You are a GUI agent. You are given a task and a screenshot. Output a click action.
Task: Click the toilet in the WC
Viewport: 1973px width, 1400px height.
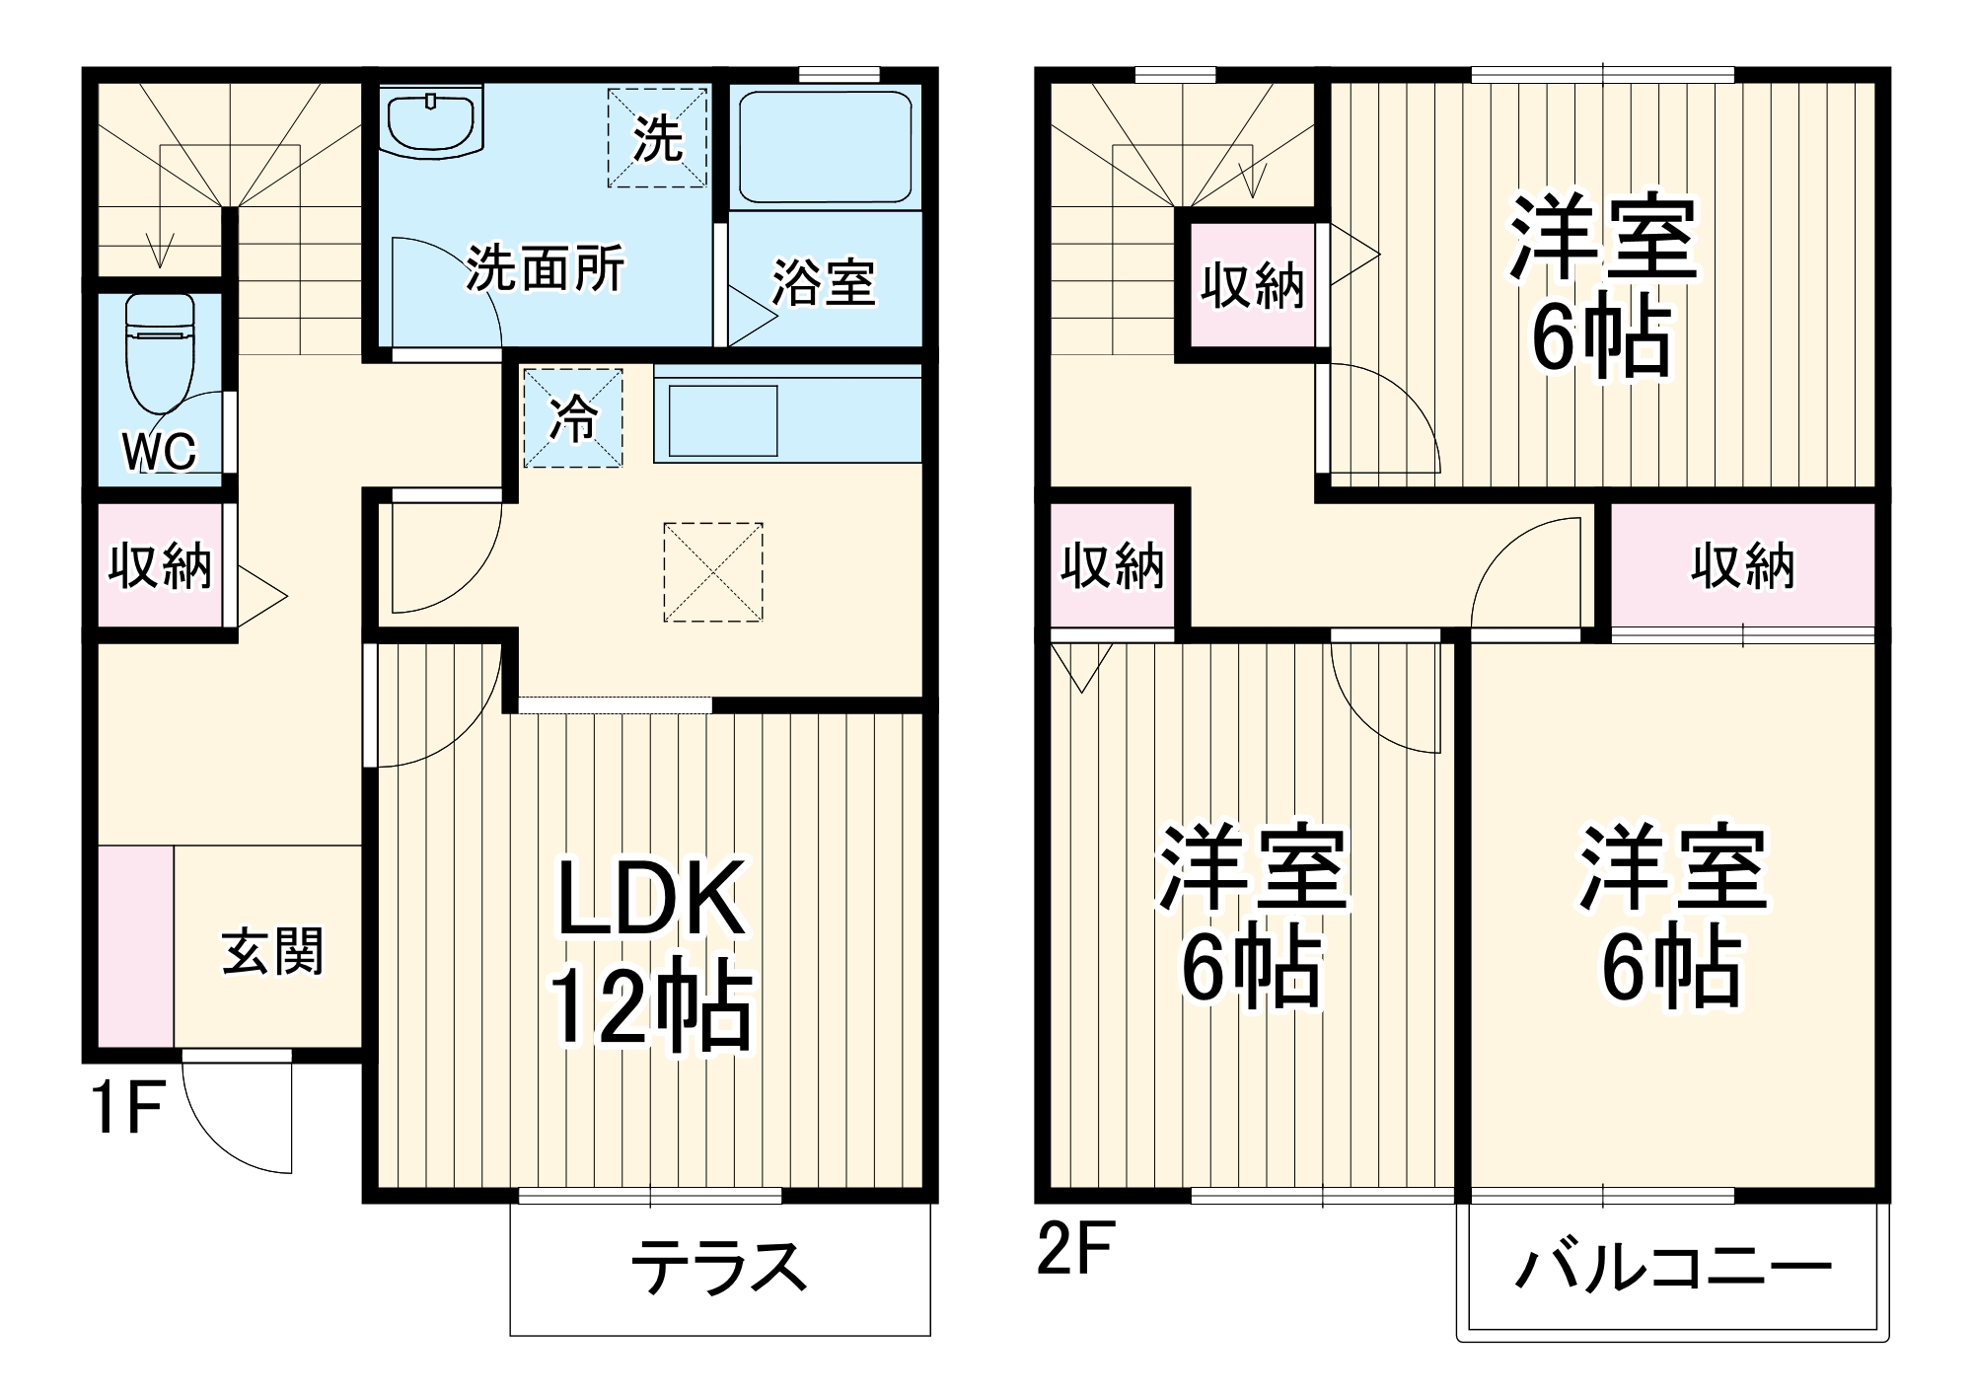(160, 355)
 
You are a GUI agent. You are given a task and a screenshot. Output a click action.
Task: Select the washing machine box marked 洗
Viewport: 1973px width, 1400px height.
(657, 138)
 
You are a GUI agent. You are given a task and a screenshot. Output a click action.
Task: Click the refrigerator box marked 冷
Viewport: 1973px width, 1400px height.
(572, 417)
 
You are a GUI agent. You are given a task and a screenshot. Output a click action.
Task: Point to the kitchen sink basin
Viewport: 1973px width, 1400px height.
(722, 419)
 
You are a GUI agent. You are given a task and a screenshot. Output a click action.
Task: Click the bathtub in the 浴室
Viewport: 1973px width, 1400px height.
(825, 148)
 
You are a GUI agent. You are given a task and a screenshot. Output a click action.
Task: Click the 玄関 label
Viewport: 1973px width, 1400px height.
(272, 951)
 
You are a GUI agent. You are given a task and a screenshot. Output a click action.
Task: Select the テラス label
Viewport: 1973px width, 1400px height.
(718, 1269)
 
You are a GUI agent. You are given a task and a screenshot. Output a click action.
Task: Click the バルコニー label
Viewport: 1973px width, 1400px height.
(1673, 1269)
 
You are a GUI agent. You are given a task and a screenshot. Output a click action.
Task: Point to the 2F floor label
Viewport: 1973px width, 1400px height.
(1075, 1248)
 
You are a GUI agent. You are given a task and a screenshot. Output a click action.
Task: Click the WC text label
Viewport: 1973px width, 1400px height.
(159, 451)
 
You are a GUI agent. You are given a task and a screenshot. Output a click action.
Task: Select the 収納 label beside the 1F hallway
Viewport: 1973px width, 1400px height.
(160, 565)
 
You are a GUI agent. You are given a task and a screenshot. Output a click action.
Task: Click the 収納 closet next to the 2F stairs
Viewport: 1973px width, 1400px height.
(1252, 286)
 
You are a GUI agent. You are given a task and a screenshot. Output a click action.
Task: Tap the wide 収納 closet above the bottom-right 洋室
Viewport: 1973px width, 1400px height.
(1742, 565)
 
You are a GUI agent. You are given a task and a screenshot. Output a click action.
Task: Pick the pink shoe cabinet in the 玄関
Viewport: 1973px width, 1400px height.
(136, 945)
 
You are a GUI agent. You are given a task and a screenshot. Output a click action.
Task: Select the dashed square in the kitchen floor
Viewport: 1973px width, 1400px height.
(712, 572)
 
